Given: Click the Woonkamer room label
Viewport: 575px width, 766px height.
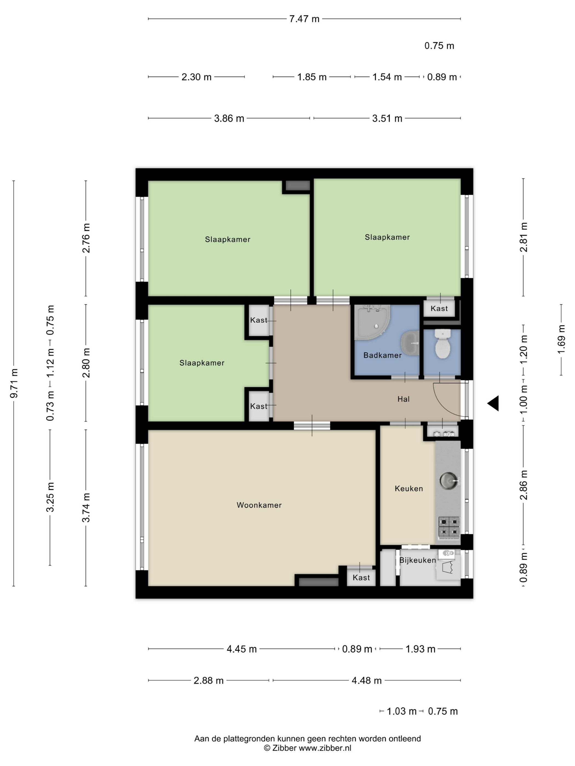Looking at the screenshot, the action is point(259,505).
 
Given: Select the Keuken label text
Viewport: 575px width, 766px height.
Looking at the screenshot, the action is point(409,488).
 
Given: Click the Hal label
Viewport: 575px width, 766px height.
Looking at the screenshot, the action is point(403,399).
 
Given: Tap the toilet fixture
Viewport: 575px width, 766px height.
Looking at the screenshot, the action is point(442,344).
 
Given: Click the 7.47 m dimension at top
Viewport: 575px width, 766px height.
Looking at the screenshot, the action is point(304,19).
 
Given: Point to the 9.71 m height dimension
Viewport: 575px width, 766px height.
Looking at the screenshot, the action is point(14,383).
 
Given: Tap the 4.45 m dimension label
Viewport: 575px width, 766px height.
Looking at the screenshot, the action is point(242,649).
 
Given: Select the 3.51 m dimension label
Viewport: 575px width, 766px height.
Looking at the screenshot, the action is point(387,118).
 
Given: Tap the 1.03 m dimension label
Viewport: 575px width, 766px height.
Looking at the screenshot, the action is point(401,711).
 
